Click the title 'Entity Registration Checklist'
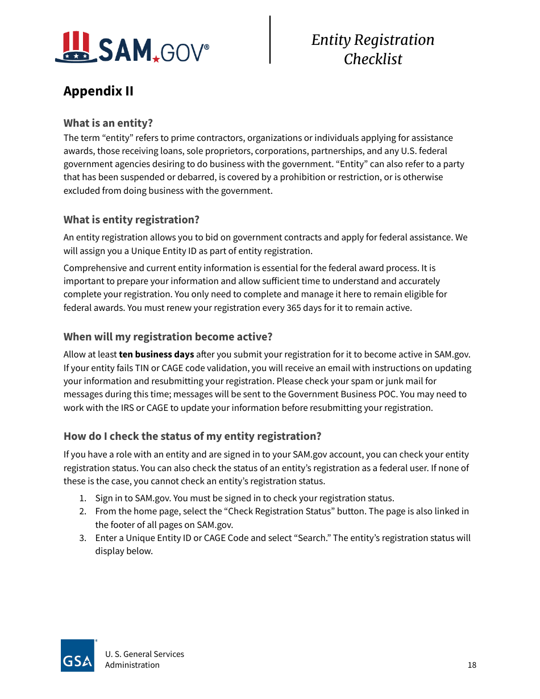pyautogui.click(x=373, y=49)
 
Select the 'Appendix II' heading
pyautogui.click(x=98, y=91)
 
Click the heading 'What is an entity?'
pyautogui.click(x=108, y=123)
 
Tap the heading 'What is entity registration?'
pyautogui.click(x=131, y=220)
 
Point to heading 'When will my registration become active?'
pyautogui.click(x=168, y=336)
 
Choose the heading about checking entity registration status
pyautogui.click(x=192, y=436)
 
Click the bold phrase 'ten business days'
pyautogui.click(x=156, y=355)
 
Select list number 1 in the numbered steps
pyautogui.click(x=82, y=498)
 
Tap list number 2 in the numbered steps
pyautogui.click(x=82, y=511)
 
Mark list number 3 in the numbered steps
pyautogui.click(x=82, y=538)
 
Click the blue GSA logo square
pyautogui.click(x=78, y=656)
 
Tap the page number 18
pyautogui.click(x=472, y=665)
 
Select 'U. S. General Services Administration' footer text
pyautogui.click(x=144, y=660)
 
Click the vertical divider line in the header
pyautogui.click(x=270, y=39)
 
